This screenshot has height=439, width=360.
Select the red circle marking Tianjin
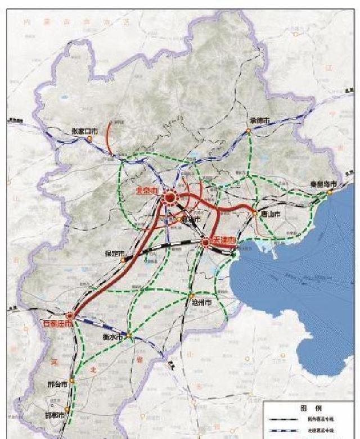click(x=206, y=242)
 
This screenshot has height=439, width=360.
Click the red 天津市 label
click(x=224, y=241)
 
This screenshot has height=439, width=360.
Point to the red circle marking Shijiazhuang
click(x=71, y=316)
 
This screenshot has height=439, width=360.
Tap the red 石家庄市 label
click(x=58, y=324)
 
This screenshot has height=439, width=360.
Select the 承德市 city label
click(x=259, y=121)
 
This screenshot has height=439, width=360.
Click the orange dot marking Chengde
click(x=248, y=131)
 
